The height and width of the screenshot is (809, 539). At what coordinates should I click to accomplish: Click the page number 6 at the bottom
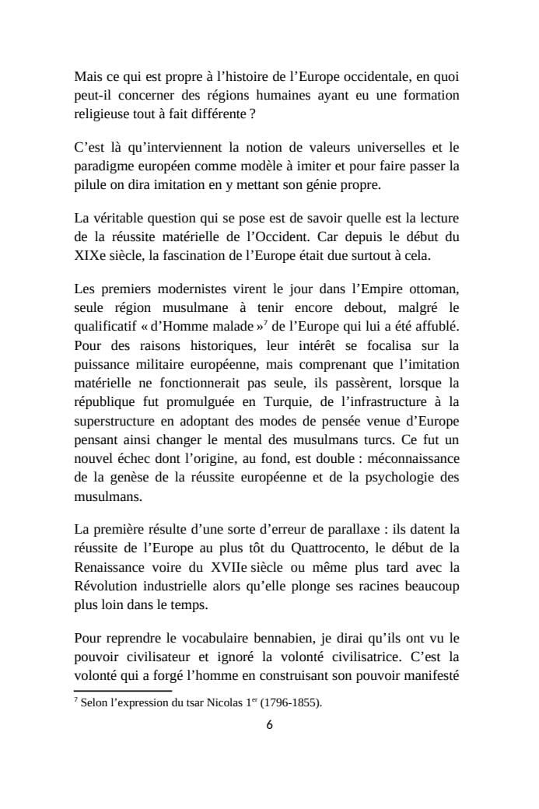pos(269,725)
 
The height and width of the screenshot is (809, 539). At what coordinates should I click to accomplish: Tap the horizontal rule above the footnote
pos(122,690)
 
